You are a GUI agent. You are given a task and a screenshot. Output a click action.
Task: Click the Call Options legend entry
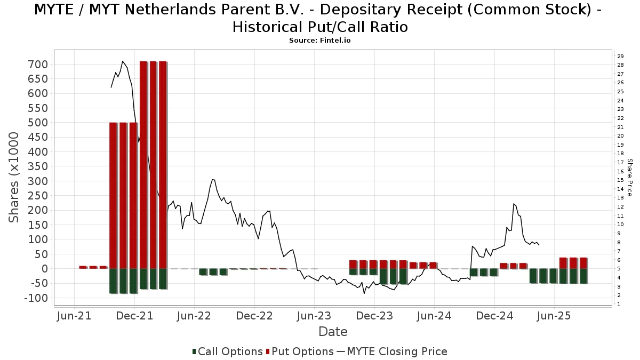(x=227, y=351)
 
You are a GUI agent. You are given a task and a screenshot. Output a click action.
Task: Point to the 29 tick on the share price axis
(x=620, y=57)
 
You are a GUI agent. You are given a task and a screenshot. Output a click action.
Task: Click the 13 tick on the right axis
(x=620, y=198)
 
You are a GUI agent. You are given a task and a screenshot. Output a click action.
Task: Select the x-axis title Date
(x=333, y=332)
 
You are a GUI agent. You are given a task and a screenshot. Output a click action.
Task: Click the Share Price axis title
(x=629, y=178)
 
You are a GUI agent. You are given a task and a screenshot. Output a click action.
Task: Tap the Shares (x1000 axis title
(x=15, y=178)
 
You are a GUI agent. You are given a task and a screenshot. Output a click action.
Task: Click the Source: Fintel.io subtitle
(x=320, y=40)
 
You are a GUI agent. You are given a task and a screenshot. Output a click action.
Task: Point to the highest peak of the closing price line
(x=123, y=61)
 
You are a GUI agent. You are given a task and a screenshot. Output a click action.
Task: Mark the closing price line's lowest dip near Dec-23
(x=364, y=293)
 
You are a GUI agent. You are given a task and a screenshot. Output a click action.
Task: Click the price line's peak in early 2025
(x=514, y=204)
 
